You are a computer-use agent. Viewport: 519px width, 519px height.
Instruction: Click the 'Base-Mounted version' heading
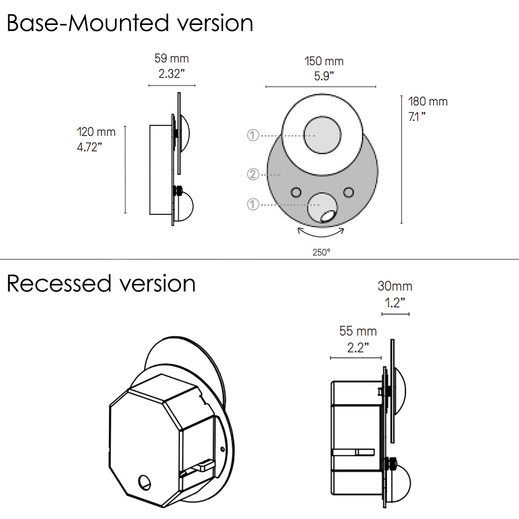(130, 23)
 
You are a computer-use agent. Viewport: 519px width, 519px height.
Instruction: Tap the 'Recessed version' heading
(101, 283)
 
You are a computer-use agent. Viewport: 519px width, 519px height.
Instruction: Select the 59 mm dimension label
(171, 59)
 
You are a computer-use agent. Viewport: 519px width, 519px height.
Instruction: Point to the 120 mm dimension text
(96, 132)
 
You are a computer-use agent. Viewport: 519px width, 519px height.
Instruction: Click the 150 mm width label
(324, 61)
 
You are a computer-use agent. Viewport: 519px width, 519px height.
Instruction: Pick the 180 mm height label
(428, 102)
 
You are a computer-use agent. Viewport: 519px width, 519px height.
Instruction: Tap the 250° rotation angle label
(322, 252)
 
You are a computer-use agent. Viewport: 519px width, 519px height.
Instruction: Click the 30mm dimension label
(395, 286)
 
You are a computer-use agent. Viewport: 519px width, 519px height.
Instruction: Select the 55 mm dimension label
(358, 331)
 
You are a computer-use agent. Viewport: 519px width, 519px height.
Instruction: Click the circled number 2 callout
(253, 174)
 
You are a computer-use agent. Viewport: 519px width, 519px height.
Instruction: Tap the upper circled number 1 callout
(253, 135)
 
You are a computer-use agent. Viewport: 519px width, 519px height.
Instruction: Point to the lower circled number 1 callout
(253, 204)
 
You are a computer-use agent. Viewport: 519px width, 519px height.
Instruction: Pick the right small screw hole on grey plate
(349, 191)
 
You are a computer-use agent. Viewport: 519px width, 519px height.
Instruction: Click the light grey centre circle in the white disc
(322, 135)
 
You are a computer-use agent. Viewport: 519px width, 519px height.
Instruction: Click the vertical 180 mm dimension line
(402, 159)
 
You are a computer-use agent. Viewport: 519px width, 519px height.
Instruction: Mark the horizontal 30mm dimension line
(395, 314)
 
